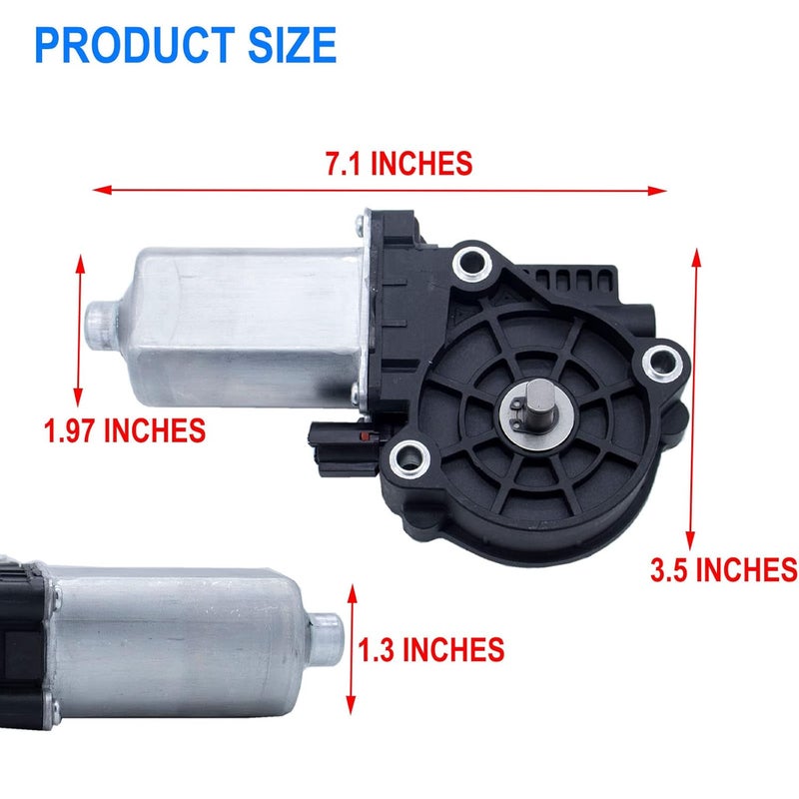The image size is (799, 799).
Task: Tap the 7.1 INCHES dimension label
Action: tap(399, 164)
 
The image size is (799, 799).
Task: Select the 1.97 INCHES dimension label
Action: tap(125, 430)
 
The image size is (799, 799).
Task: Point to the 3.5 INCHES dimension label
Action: tap(723, 569)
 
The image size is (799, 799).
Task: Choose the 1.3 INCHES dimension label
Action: tap(430, 650)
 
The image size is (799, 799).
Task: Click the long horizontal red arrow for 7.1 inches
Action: tap(380, 189)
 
